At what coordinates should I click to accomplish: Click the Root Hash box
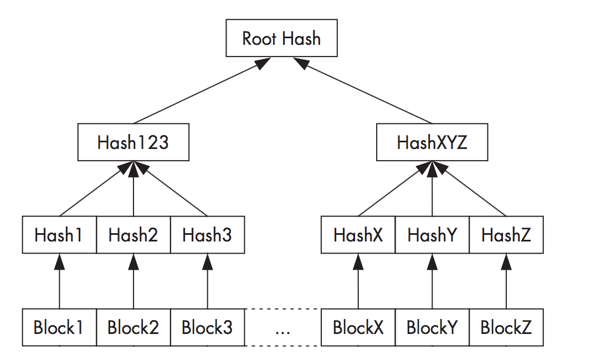tap(281, 39)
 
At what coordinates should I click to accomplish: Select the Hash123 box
tap(133, 143)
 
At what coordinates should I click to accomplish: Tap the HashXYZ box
tap(432, 143)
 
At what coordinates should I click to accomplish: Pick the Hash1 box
tap(59, 235)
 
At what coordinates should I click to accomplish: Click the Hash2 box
tap(133, 235)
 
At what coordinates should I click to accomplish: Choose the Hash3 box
tap(207, 235)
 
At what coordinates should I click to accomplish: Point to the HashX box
tap(358, 235)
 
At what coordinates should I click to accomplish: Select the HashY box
tap(432, 235)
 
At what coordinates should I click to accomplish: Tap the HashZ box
tap(506, 235)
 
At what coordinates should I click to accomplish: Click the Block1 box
tap(59, 327)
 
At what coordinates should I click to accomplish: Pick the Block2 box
tap(133, 327)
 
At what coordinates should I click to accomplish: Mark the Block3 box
tap(207, 327)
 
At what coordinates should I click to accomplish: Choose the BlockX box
tap(358, 327)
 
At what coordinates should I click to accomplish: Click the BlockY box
tap(432, 327)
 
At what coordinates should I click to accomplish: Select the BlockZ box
tap(506, 327)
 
